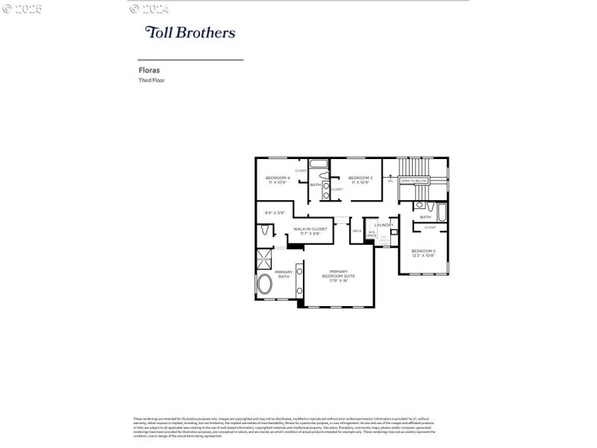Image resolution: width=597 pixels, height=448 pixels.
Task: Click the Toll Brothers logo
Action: pyautogui.click(x=190, y=32)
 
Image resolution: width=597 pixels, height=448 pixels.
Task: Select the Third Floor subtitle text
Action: pyautogui.click(x=151, y=80)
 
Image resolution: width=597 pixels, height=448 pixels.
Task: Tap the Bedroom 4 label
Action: pyautogui.click(x=278, y=179)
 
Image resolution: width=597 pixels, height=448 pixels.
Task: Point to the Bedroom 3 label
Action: pyautogui.click(x=360, y=179)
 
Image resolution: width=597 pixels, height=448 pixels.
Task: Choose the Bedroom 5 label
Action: pyautogui.click(x=423, y=253)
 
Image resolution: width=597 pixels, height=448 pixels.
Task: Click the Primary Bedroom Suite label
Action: pyautogui.click(x=338, y=276)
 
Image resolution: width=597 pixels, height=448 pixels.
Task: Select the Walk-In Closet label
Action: pyautogui.click(x=310, y=231)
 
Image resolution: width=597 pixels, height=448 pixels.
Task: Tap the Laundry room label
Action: pyautogui.click(x=384, y=225)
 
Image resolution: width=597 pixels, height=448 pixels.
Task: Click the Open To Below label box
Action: pyautogui.click(x=413, y=181)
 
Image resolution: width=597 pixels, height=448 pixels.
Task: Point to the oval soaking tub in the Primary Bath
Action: pyautogui.click(x=265, y=285)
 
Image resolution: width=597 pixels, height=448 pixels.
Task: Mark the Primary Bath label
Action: pyautogui.click(x=284, y=274)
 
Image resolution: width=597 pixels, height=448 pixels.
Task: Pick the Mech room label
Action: pyautogui.click(x=357, y=231)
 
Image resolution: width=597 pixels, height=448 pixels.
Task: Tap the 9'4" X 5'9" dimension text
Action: pyautogui.click(x=275, y=213)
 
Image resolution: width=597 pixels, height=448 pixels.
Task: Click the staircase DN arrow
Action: pyautogui.click(x=390, y=179)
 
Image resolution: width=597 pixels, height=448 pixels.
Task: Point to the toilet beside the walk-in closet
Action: pyautogui.click(x=264, y=232)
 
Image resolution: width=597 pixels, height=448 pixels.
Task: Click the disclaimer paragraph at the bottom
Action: pyautogui.click(x=284, y=426)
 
